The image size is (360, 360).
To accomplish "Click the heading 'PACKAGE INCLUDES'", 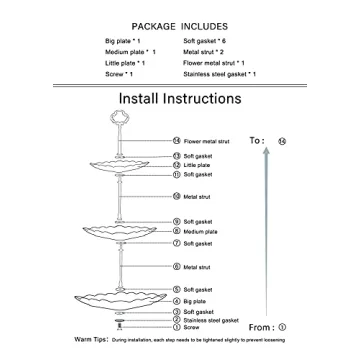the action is coord(179,25).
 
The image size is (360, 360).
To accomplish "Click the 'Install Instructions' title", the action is coord(179,99).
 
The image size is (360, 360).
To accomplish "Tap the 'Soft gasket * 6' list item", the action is coord(207,40).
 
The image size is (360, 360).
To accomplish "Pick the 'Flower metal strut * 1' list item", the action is coord(216,63).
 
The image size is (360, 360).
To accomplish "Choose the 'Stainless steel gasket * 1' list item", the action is coord(220,74).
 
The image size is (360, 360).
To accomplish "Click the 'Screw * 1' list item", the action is coord(119,74).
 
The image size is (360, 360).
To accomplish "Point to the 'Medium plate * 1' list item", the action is coord(130,51).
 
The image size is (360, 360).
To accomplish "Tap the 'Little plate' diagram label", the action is coord(196,165).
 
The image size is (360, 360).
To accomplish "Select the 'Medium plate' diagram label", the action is coord(198,231).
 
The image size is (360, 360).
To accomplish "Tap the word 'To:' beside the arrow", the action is coord(257,141).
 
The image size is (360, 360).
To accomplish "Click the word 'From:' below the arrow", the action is coord(261,327).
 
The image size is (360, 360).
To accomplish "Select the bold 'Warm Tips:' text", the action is coord(92,340).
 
